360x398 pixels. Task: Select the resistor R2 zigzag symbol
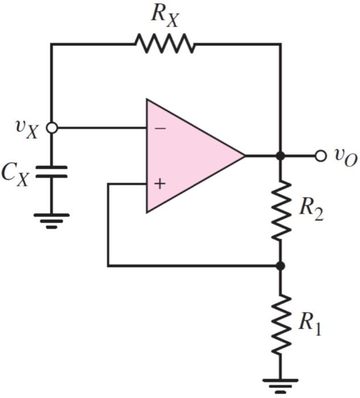280,210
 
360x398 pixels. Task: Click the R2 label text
311,210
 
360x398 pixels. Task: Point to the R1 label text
311,324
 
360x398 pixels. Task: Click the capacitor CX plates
51,172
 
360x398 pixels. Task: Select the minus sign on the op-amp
160,128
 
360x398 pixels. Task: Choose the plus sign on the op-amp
160,184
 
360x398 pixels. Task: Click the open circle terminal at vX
51,128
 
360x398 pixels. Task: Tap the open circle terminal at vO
321,156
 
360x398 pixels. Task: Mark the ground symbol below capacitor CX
51,219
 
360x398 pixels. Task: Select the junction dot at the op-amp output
280,156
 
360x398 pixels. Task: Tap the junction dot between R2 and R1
280,266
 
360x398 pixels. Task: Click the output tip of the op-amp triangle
244,156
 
